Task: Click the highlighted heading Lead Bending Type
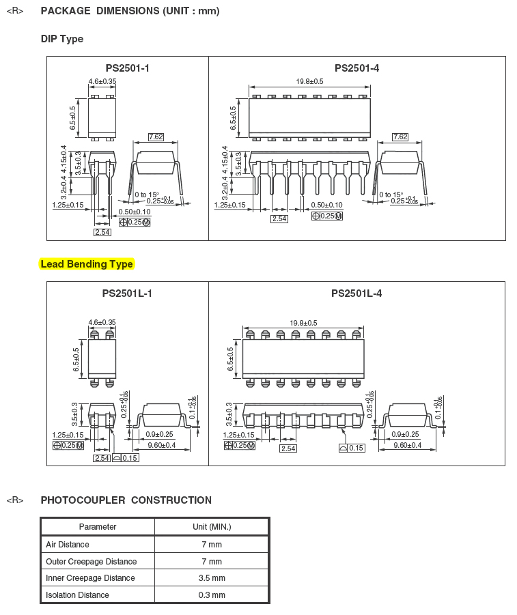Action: [x=87, y=264]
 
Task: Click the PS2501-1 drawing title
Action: [x=127, y=68]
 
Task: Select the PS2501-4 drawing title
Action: [x=357, y=68]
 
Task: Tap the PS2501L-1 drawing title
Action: [x=127, y=294]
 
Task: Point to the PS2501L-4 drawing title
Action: [x=357, y=294]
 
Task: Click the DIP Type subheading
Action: [x=62, y=39]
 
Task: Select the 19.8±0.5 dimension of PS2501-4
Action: [x=310, y=81]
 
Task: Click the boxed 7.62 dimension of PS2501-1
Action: [x=156, y=137]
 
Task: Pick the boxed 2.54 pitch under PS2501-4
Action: [x=279, y=218]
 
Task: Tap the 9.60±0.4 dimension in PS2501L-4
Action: [x=408, y=445]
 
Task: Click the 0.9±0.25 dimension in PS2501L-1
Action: [x=159, y=434]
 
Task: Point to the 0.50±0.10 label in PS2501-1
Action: [x=135, y=212]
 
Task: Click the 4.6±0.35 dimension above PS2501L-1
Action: [x=102, y=322]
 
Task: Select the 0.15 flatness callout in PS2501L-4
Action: [x=352, y=448]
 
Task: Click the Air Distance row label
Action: [x=68, y=545]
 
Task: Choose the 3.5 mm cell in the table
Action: [x=212, y=577]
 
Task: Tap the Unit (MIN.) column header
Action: [x=212, y=527]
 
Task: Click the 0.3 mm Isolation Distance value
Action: [x=212, y=595]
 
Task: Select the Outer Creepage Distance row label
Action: [x=91, y=562]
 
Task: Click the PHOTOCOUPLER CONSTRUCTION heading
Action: [x=126, y=500]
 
